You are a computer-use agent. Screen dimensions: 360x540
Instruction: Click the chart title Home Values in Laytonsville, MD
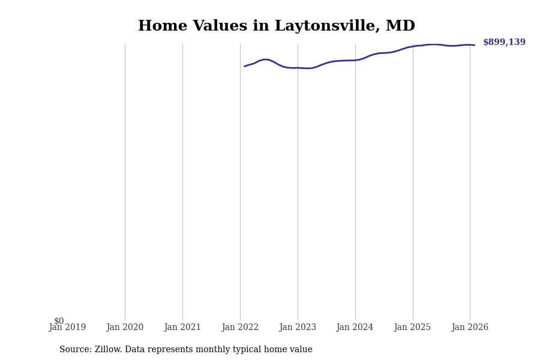[276, 26]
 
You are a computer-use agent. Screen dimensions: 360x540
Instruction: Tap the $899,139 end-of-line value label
[504, 43]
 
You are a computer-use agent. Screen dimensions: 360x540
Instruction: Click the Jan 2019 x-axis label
[67, 328]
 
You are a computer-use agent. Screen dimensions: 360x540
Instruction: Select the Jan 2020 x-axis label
[125, 328]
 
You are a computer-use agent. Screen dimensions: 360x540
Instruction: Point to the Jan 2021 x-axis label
[182, 328]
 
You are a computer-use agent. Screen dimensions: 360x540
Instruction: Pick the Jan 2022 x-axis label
[240, 328]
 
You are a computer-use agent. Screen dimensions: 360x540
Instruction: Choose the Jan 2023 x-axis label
[298, 328]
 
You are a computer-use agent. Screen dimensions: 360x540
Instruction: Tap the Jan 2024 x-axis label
[355, 328]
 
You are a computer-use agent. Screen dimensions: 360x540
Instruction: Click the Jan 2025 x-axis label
[412, 328]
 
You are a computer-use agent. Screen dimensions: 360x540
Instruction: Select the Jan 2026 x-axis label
[470, 328]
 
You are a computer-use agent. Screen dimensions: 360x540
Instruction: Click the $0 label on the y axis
[59, 321]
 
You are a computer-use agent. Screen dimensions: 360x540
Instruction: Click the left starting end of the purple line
[245, 66]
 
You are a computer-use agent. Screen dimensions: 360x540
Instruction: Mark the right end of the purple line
[474, 45]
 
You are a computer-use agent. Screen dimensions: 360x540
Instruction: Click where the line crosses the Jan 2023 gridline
[298, 68]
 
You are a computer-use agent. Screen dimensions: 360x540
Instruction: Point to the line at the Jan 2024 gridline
[355, 60]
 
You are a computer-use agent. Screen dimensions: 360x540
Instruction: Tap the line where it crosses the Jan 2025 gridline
[413, 46]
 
